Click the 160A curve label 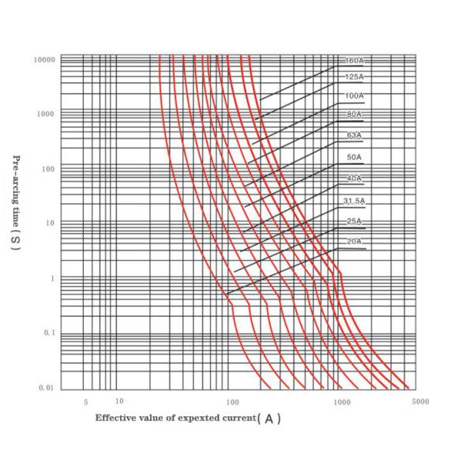pyautogui.click(x=354, y=60)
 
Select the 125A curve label pyautogui.click(x=354, y=77)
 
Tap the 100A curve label pyautogui.click(x=354, y=96)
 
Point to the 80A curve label pyautogui.click(x=354, y=115)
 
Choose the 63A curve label pyautogui.click(x=354, y=135)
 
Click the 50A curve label pyautogui.click(x=354, y=158)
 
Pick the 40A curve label pyautogui.click(x=354, y=179)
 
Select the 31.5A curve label pyautogui.click(x=354, y=201)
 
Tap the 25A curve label pyautogui.click(x=354, y=220)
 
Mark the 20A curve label pyautogui.click(x=354, y=240)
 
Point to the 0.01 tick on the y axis pyautogui.click(x=47, y=388)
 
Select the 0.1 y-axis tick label pyautogui.click(x=48, y=333)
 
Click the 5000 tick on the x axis pyautogui.click(x=420, y=402)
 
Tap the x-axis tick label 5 pyautogui.click(x=85, y=402)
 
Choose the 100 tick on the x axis pyautogui.click(x=233, y=402)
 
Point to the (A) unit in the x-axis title pyautogui.click(x=269, y=419)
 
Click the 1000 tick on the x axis pyautogui.click(x=342, y=402)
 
